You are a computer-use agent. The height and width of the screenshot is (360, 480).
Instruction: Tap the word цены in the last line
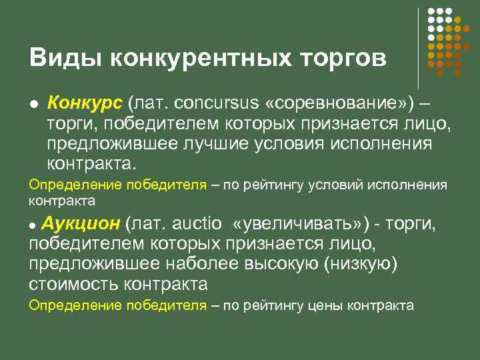(327, 306)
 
